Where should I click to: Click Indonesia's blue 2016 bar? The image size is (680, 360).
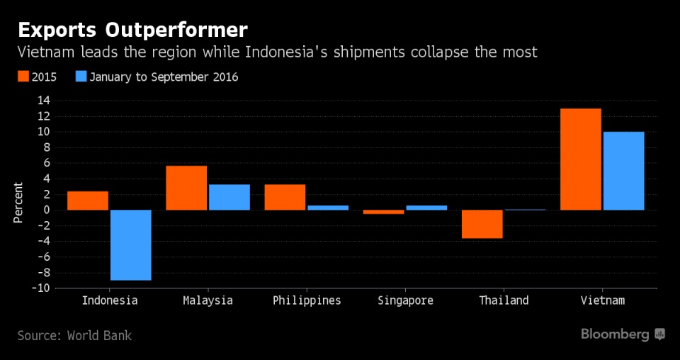pyautogui.click(x=131, y=244)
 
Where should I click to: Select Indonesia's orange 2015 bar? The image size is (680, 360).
pyautogui.click(x=88, y=201)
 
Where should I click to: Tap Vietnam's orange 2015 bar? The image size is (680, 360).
pyautogui.click(x=581, y=159)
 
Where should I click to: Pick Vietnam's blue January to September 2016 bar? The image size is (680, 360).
pyautogui.click(x=623, y=171)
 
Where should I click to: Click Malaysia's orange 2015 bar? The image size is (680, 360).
pyautogui.click(x=186, y=188)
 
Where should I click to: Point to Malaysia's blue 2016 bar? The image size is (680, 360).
pyautogui.click(x=229, y=197)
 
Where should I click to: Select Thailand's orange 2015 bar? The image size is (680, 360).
pyautogui.click(x=482, y=224)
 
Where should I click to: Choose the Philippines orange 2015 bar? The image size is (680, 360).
pyautogui.click(x=285, y=197)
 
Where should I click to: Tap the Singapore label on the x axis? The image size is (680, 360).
pyautogui.click(x=405, y=300)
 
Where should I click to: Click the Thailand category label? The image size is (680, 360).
pyautogui.click(x=504, y=300)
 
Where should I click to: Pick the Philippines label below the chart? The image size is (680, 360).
pyautogui.click(x=307, y=300)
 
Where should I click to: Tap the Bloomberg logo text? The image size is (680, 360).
pyautogui.click(x=615, y=334)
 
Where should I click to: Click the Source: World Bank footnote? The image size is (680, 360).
pyautogui.click(x=74, y=335)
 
